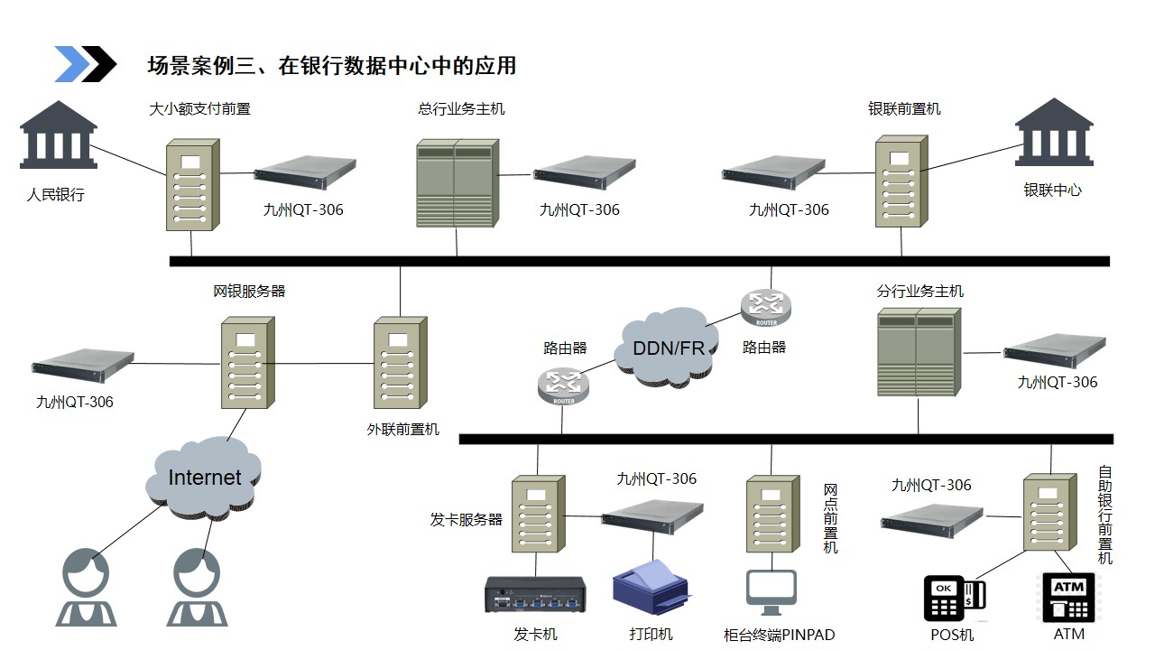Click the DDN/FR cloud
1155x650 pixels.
669,348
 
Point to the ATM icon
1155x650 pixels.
1069,597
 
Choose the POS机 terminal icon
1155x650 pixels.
954,598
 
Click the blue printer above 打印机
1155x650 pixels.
651,587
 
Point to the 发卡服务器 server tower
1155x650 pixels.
539,515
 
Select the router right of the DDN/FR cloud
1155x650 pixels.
765,308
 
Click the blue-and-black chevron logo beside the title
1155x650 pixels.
86,64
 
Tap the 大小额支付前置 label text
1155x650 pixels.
199,109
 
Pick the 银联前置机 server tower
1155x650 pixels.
901,182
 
